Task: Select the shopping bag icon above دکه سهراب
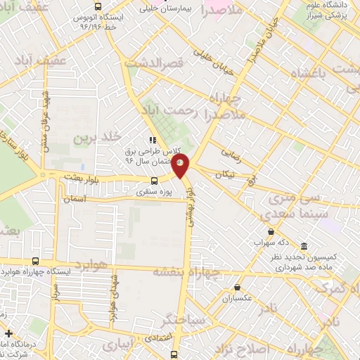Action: coord(271,231)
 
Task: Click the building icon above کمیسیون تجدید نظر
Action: coord(304,246)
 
